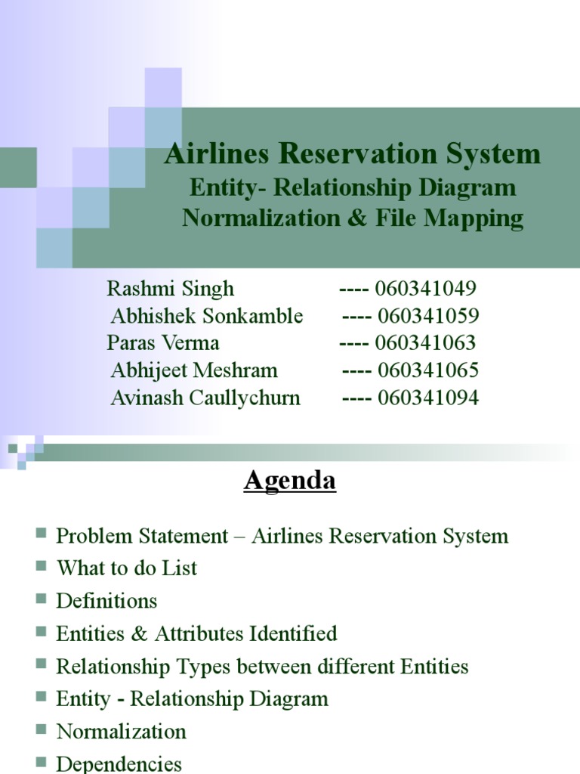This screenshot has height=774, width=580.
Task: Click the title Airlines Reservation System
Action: (x=353, y=154)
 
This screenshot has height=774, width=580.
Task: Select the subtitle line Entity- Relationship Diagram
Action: (x=353, y=187)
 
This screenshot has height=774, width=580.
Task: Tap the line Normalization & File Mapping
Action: (x=353, y=218)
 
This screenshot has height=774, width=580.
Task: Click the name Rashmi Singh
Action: (x=171, y=289)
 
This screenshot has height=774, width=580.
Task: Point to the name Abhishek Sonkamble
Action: (x=207, y=316)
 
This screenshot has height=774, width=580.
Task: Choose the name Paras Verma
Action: (x=163, y=343)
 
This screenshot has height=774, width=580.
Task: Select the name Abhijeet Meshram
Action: (x=194, y=370)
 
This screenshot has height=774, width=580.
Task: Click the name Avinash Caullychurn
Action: (x=205, y=398)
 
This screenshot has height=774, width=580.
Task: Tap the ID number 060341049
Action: (x=425, y=289)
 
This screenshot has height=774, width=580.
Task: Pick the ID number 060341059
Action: (x=428, y=316)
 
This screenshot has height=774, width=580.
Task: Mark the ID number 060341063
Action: (x=425, y=343)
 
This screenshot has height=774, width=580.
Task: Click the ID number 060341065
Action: (x=428, y=370)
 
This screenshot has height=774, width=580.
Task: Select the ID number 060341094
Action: (x=428, y=398)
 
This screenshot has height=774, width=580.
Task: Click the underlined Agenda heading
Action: (x=290, y=481)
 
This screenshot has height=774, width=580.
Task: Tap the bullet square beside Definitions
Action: (x=41, y=599)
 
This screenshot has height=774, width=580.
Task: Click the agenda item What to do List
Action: (x=127, y=568)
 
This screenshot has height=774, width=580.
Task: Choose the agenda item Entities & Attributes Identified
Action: (x=196, y=633)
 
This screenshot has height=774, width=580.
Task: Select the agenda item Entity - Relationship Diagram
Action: (x=192, y=699)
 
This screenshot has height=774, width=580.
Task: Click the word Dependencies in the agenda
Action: (x=119, y=763)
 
